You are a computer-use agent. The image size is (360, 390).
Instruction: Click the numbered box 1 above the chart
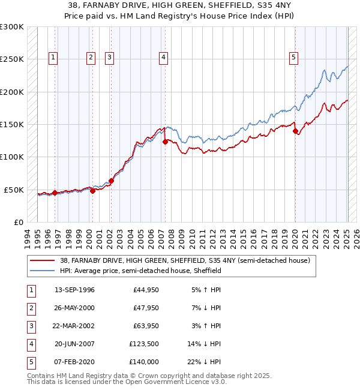pos(53,58)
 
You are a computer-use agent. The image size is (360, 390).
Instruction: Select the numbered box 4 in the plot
pos(163,58)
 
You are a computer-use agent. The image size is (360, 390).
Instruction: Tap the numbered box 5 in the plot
pos(294,58)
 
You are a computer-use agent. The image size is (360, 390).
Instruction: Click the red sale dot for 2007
pos(165,142)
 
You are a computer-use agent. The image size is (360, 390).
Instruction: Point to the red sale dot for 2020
pos(295,131)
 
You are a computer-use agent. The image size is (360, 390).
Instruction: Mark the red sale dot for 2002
pos(111,181)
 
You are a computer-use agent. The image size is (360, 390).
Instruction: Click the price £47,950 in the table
pos(146,308)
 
